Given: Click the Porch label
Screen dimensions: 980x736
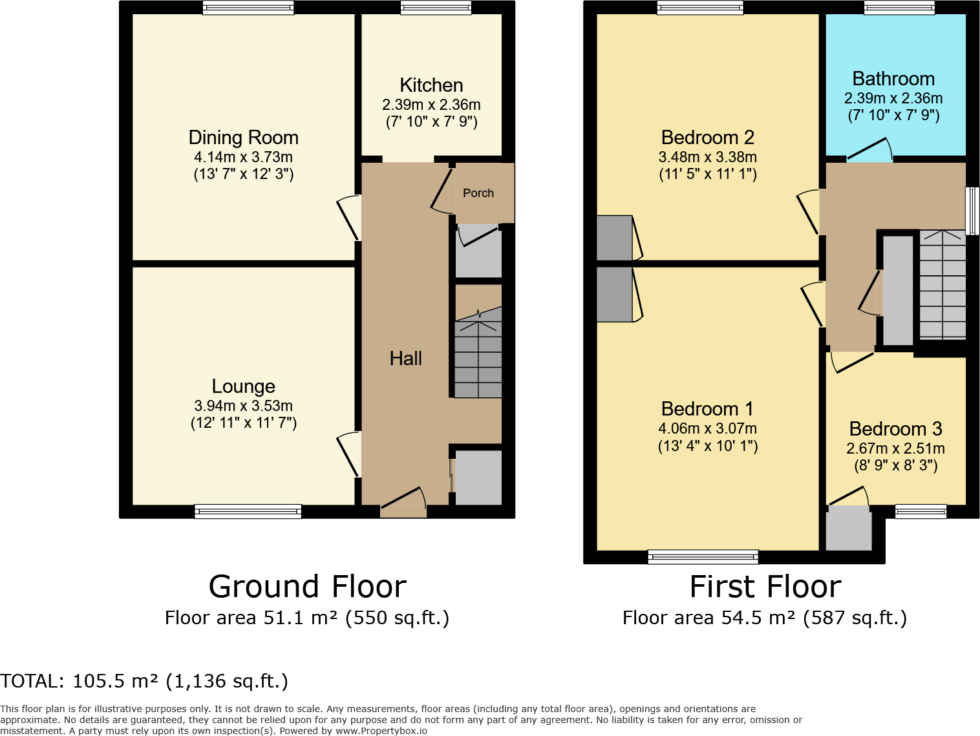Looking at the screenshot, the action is click(x=478, y=193).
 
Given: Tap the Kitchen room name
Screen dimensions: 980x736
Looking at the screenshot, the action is click(x=431, y=85).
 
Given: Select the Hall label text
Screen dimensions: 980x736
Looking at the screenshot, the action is click(x=405, y=358).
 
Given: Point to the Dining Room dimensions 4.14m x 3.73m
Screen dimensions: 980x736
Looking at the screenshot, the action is click(x=243, y=156).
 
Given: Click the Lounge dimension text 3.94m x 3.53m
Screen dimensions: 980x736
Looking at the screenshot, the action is click(x=243, y=405).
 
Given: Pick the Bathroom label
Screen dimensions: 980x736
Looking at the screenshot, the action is click(x=893, y=79).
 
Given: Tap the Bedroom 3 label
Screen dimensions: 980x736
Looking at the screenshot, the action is click(x=895, y=428).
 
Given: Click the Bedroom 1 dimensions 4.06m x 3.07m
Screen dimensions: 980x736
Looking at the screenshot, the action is click(x=708, y=428).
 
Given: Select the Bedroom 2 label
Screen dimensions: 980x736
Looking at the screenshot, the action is click(x=708, y=137).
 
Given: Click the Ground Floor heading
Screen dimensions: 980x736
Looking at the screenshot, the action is click(x=307, y=586).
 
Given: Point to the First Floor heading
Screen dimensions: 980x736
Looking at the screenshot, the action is click(x=765, y=586).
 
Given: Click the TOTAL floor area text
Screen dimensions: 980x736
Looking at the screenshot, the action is click(x=144, y=681).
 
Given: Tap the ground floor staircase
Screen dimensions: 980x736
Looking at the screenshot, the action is click(x=478, y=352).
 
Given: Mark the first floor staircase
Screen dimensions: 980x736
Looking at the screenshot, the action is click(x=943, y=284).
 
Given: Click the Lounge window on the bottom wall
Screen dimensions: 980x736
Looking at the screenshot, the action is click(x=248, y=511).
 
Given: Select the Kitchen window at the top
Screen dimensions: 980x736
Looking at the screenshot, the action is click(x=436, y=8).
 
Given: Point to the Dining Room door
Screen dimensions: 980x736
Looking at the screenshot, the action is click(x=348, y=218).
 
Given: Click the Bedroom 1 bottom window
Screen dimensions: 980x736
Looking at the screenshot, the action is click(x=703, y=556).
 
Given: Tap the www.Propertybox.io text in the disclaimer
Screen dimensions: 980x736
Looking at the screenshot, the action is click(x=381, y=731).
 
